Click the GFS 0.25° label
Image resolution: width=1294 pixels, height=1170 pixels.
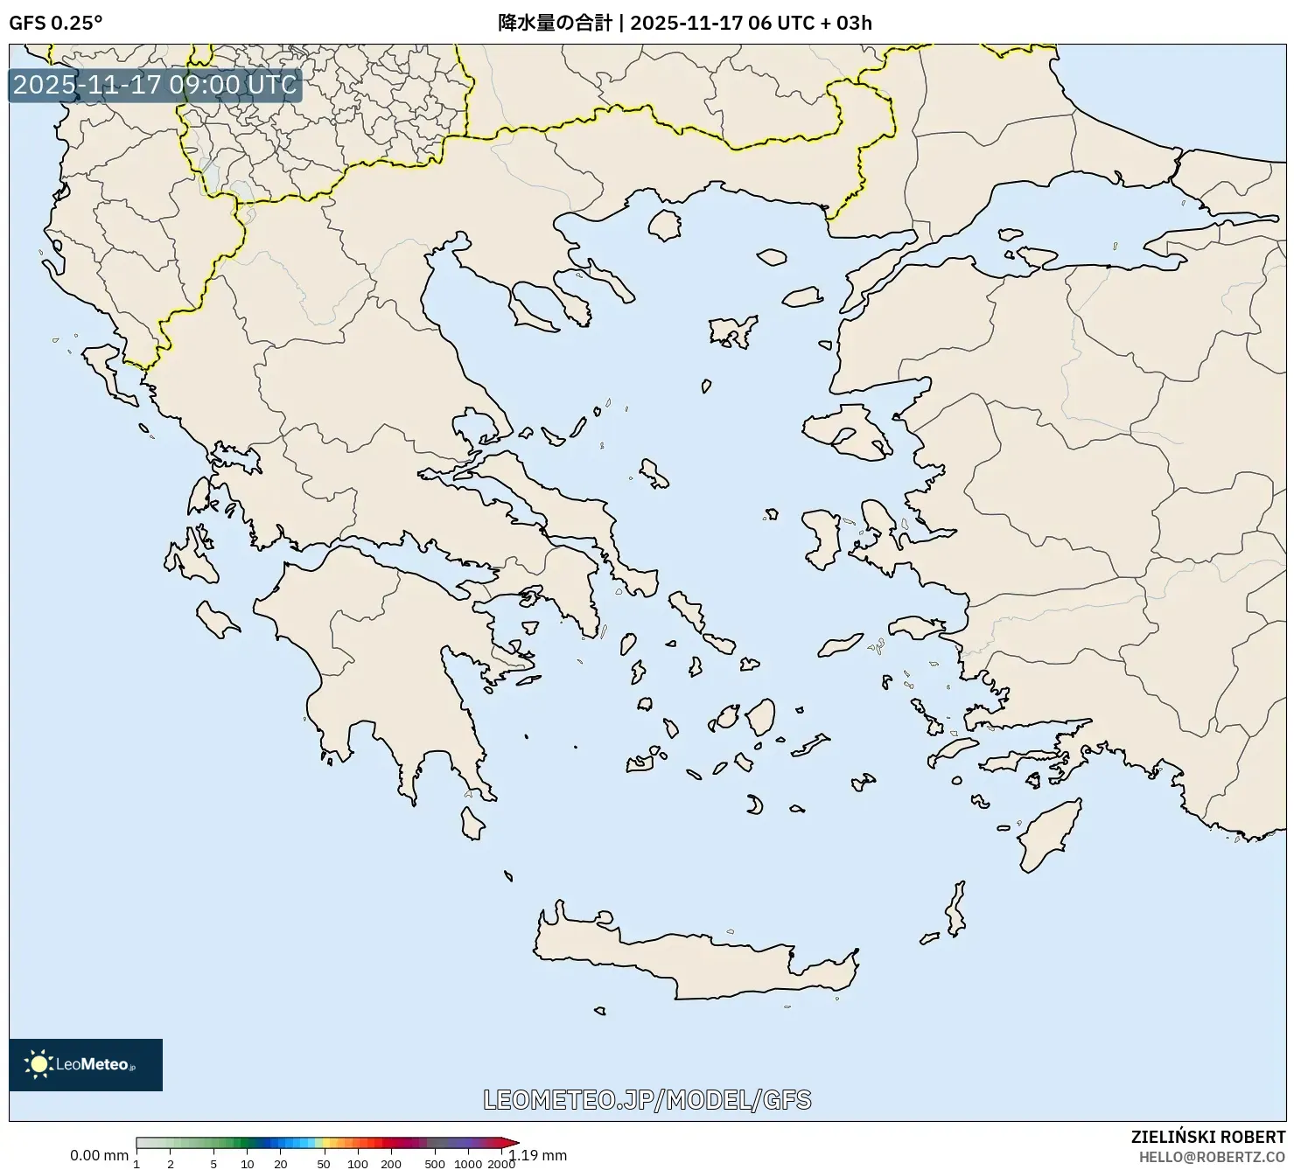[x=55, y=23]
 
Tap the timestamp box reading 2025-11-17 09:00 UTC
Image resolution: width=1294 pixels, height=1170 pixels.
[x=155, y=85]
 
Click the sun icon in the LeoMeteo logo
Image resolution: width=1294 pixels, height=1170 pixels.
[x=38, y=1064]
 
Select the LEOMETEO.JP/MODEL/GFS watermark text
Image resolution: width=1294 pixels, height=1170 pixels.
[x=647, y=1099]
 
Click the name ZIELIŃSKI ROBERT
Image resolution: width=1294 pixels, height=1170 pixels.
[x=1207, y=1138]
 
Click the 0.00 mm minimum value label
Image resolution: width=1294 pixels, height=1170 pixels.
[x=99, y=1155]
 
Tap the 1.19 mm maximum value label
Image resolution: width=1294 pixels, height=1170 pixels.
[x=540, y=1155]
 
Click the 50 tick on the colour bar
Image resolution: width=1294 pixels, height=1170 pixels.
[x=323, y=1163]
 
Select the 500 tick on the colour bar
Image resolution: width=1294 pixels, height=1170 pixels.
[x=434, y=1163]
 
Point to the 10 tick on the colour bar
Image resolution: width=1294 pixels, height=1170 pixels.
[x=248, y=1163]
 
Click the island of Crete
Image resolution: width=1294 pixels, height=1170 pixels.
[x=700, y=962]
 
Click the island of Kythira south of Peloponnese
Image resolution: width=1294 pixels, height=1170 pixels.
[x=472, y=823]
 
